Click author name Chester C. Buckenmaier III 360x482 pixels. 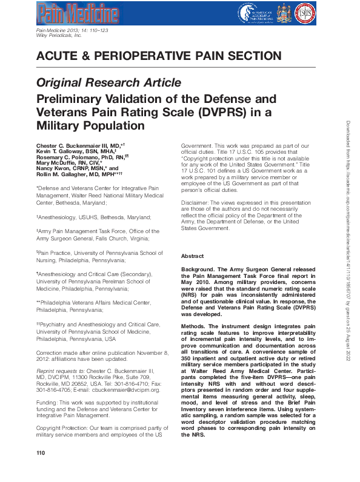(x=72, y=146)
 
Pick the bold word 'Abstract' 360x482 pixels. (x=193, y=256)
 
